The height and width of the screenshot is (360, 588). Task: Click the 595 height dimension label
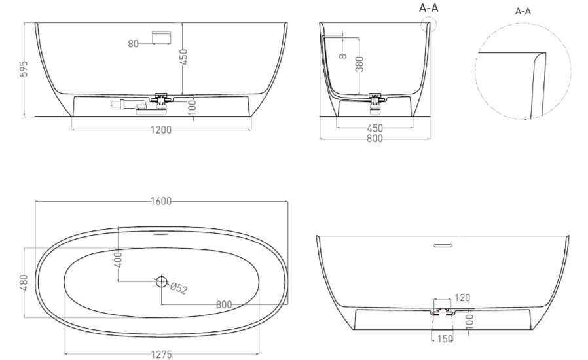pyautogui.click(x=24, y=69)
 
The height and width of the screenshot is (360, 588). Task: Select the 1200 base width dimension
pyautogui.click(x=161, y=130)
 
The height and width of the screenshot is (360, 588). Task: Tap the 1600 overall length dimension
pyautogui.click(x=161, y=202)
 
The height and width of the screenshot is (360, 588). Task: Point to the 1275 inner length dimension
pyautogui.click(x=161, y=354)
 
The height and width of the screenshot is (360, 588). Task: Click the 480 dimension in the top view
pyautogui.click(x=24, y=283)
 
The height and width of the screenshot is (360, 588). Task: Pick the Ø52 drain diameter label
pyautogui.click(x=179, y=288)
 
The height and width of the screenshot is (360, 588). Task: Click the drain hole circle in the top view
pyautogui.click(x=161, y=281)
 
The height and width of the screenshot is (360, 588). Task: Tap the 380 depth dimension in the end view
pyautogui.click(x=359, y=63)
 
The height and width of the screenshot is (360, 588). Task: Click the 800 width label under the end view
pyautogui.click(x=375, y=139)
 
